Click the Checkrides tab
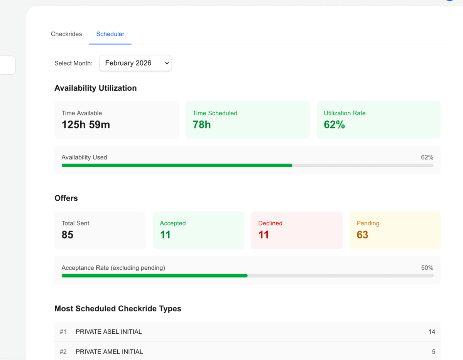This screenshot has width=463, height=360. [x=66, y=34]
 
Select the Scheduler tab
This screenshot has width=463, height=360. [x=110, y=34]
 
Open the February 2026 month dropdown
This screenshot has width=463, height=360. [x=135, y=63]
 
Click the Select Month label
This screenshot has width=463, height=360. [x=73, y=63]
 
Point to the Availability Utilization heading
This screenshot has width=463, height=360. [x=95, y=88]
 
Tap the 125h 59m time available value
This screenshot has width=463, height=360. [x=86, y=125]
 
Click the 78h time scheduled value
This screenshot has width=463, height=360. [x=202, y=125]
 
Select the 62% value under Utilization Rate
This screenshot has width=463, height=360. [x=334, y=125]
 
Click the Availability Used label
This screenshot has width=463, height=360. [x=84, y=157]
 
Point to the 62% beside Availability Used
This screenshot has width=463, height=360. [x=427, y=157]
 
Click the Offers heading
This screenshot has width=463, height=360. [x=66, y=198]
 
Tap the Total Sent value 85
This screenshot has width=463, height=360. [x=68, y=235]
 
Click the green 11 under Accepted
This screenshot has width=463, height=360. [x=165, y=235]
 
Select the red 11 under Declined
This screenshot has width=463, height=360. [x=264, y=235]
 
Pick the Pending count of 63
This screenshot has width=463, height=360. [x=362, y=235]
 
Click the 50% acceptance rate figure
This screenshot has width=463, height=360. [x=427, y=268]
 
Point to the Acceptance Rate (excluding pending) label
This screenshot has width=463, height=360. [x=113, y=268]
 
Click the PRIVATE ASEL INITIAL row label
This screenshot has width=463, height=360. [x=109, y=332]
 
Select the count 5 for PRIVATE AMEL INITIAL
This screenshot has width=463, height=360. [x=434, y=352]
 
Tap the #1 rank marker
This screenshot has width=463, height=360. [x=63, y=332]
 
